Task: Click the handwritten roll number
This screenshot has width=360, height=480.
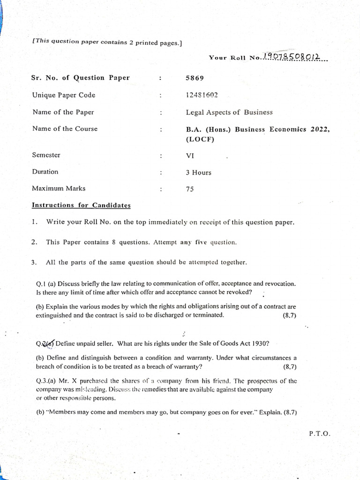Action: (292, 57)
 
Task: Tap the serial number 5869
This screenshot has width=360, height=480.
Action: (195, 78)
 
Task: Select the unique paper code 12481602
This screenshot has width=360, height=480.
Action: (202, 95)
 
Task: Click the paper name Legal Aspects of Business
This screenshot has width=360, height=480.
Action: (229, 112)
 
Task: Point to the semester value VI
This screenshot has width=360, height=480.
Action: (190, 156)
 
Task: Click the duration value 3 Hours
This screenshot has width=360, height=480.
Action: (198, 172)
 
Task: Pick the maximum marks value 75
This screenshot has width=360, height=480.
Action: (190, 189)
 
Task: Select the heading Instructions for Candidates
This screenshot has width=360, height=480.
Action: (81, 205)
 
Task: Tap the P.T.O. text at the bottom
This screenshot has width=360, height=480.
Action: (320, 434)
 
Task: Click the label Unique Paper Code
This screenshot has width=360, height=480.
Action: (63, 95)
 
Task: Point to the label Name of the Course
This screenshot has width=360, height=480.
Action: (65, 128)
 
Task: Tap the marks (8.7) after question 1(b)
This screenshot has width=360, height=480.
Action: (289, 315)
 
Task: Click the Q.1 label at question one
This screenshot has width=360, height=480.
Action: (41, 284)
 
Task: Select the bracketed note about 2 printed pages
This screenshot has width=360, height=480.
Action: (107, 42)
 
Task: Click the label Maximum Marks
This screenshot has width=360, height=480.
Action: (59, 188)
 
